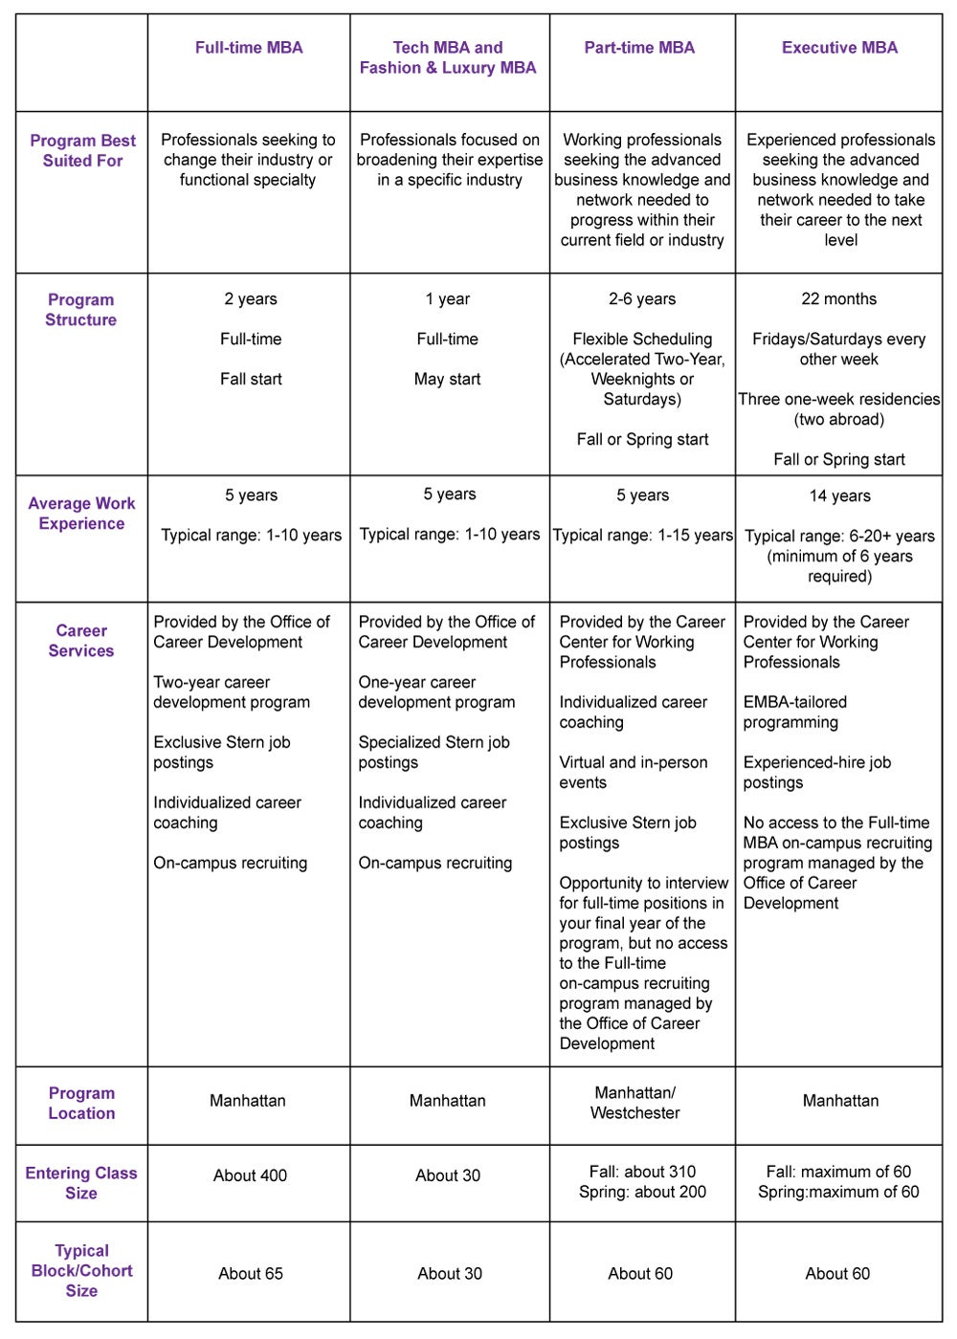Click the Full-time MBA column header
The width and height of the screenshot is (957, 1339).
tap(249, 48)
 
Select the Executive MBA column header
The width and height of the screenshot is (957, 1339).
tap(839, 48)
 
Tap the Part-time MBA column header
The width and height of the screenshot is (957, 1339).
tap(639, 48)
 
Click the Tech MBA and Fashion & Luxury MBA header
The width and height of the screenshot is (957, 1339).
tap(448, 57)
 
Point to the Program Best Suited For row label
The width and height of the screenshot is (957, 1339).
tap(82, 151)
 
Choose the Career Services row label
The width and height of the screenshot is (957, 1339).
tap(81, 641)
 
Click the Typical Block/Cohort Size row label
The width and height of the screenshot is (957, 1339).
tap(81, 1270)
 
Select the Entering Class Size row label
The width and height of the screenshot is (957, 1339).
tap(81, 1183)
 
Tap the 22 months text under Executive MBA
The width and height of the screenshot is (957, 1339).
tap(838, 299)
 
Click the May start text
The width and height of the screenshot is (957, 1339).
tap(447, 380)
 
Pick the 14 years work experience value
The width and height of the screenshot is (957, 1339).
tap(839, 496)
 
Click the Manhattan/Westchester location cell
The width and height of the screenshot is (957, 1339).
tap(635, 1103)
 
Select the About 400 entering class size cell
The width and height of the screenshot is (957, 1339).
tap(250, 1175)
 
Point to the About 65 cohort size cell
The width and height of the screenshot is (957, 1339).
tap(251, 1274)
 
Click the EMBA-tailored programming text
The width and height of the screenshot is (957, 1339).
tap(794, 713)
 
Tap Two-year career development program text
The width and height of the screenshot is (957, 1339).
tap(231, 692)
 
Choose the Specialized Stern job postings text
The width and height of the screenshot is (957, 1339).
tap(434, 753)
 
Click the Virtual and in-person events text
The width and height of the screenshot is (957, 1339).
tap(633, 773)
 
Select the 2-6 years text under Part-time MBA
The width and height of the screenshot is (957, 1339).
tap(642, 299)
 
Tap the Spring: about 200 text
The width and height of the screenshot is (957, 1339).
tap(642, 1193)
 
